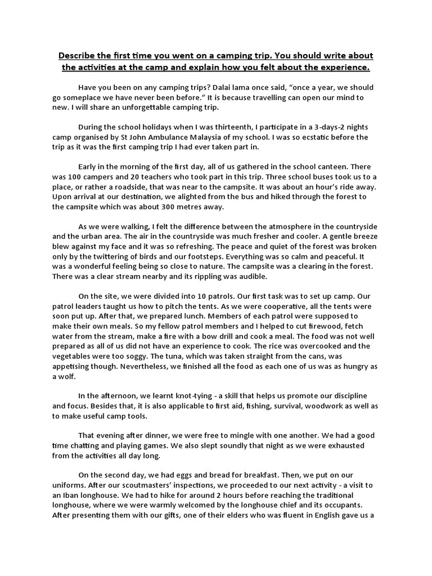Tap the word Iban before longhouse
(72, 495)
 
